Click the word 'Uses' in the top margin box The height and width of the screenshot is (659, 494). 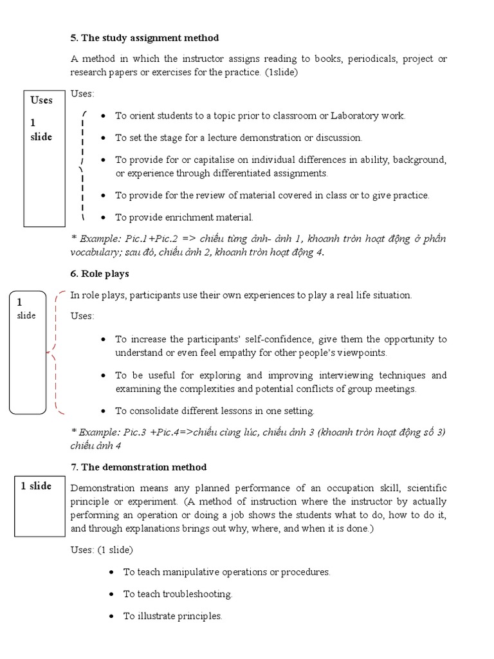coord(42,100)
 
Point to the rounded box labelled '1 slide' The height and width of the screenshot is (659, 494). coord(28,351)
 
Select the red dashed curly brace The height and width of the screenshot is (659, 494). coord(56,352)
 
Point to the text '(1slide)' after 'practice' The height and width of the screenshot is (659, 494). coord(281,73)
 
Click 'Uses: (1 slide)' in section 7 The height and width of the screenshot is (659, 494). coord(101,550)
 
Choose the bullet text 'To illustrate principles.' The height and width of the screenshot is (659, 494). coord(172,616)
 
